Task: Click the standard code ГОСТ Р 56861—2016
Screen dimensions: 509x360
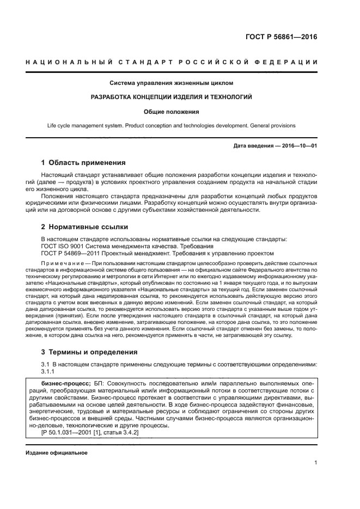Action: pos(281,38)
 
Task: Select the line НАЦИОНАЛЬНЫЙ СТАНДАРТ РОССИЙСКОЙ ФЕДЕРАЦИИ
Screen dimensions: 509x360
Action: pos(172,63)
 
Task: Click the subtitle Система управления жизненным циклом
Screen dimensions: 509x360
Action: pos(172,83)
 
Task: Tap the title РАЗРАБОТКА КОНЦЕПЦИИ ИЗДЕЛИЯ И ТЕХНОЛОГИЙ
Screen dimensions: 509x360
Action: pos(172,97)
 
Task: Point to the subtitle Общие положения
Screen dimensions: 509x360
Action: pos(172,112)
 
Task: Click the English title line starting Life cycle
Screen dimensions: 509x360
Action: pos(172,125)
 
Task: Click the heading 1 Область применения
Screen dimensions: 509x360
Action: pos(84,162)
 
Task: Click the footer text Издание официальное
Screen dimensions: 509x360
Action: pos(57,452)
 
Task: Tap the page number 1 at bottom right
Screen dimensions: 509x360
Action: pos(316,463)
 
